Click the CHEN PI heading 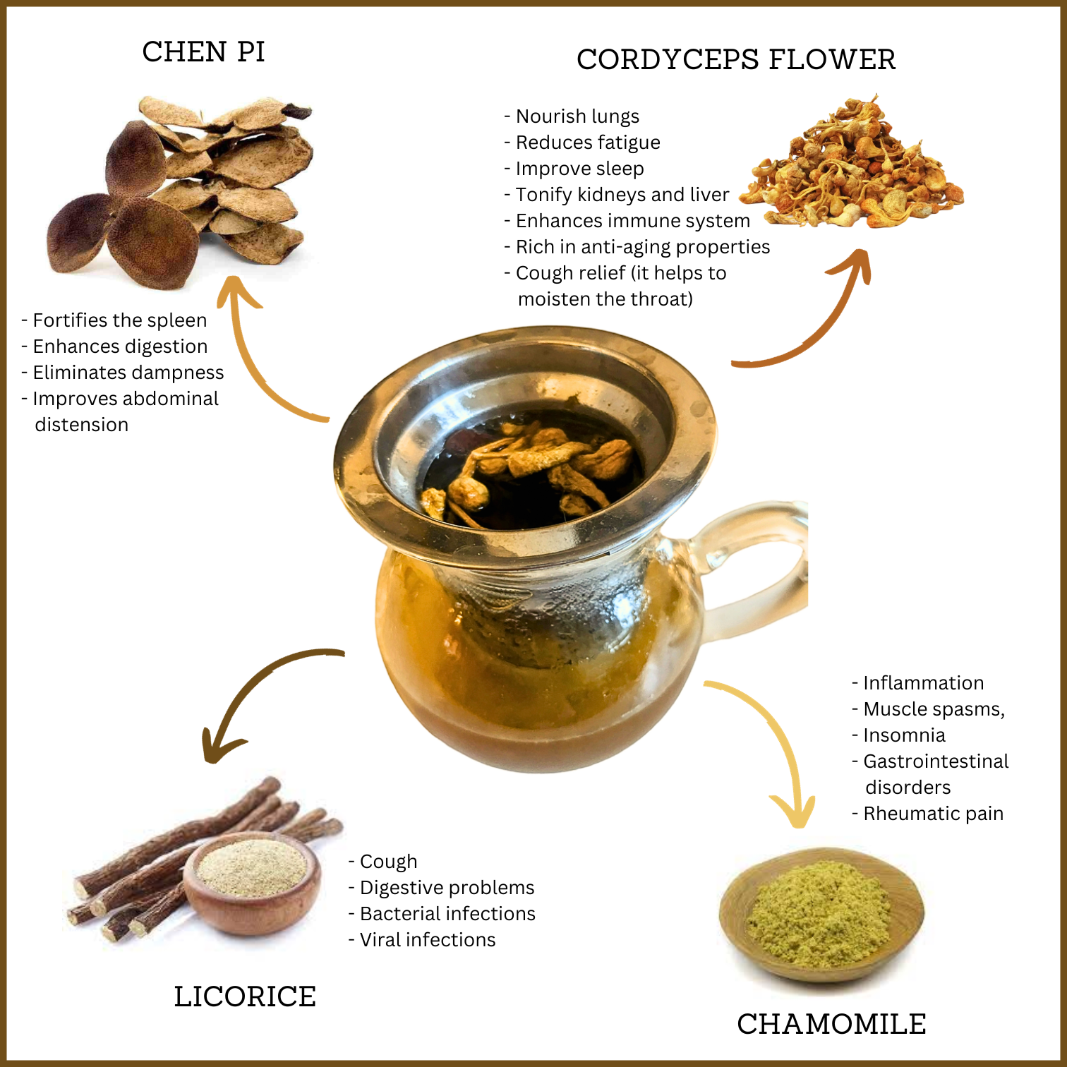click(203, 52)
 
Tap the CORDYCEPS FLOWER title click(735, 59)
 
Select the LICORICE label click(245, 996)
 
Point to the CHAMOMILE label click(831, 1024)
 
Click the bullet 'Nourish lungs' click(572, 116)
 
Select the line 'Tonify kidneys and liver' click(617, 195)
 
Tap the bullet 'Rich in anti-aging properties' click(637, 247)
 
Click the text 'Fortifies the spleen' click(114, 320)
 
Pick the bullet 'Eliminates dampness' click(123, 373)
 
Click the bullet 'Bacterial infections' click(442, 914)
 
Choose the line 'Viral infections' click(423, 940)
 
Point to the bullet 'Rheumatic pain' click(928, 814)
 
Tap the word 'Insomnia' click(899, 735)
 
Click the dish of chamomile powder click(821, 914)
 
